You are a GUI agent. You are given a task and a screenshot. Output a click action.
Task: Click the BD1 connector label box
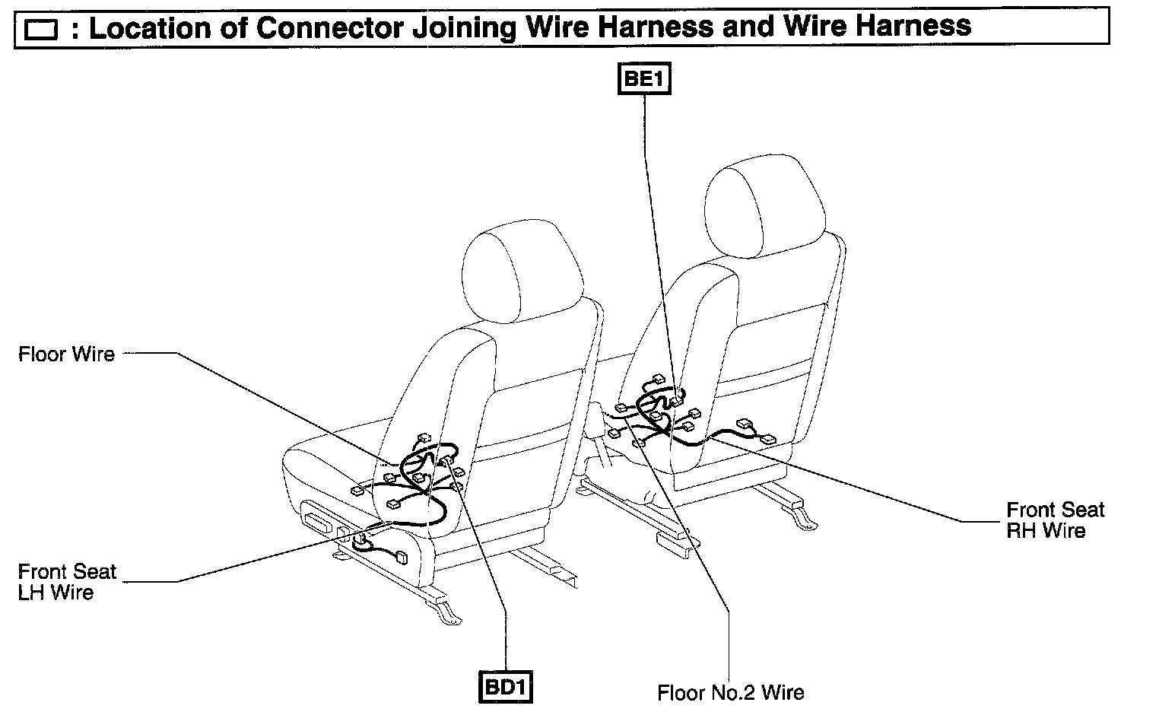pos(506,687)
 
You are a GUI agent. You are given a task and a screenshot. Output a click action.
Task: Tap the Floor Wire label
pos(67,354)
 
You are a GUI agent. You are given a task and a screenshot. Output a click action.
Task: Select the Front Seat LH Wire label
pos(67,582)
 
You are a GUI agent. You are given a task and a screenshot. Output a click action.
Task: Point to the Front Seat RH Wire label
pos(1055,520)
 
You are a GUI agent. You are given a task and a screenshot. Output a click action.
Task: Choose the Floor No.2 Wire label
pos(731,692)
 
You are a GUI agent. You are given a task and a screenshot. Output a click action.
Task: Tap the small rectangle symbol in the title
pos(41,30)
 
